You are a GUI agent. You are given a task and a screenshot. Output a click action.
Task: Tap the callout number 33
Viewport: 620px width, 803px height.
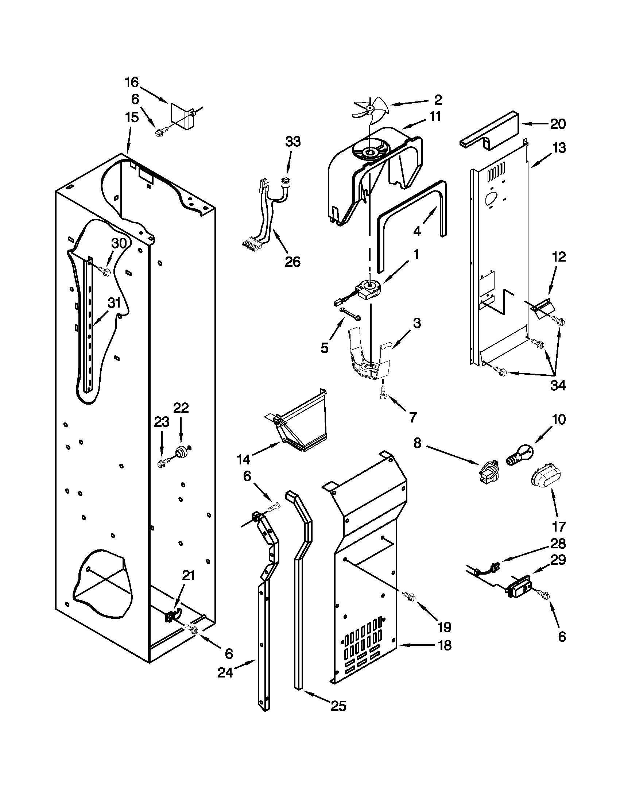(x=293, y=142)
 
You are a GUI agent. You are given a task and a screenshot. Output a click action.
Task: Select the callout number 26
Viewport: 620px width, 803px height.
(x=292, y=262)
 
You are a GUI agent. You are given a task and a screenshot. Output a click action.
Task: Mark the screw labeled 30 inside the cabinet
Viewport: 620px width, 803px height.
(x=105, y=271)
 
